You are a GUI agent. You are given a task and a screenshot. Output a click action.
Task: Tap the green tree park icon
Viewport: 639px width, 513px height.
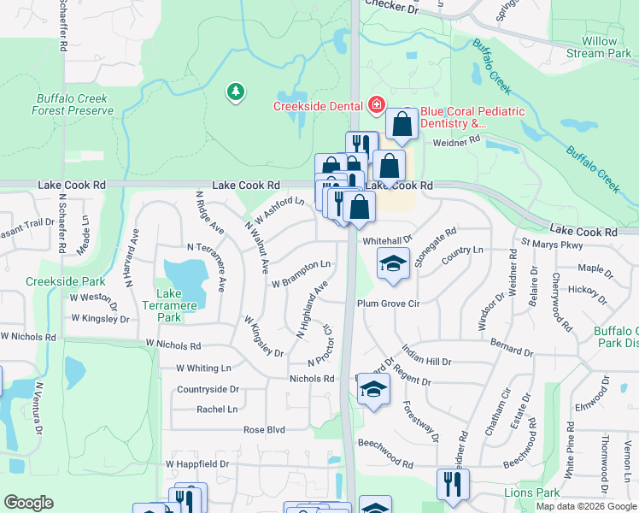(x=236, y=91)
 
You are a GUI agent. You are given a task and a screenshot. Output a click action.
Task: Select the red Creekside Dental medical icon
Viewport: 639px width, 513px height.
(x=375, y=105)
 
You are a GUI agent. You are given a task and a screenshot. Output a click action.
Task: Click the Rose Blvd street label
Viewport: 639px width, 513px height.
(x=264, y=430)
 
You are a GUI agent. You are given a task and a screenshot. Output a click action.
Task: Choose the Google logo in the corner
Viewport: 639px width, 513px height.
(x=29, y=503)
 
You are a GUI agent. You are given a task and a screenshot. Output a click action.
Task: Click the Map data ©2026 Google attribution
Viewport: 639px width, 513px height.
(x=585, y=506)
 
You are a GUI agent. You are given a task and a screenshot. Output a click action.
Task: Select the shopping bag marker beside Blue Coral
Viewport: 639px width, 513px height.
(x=401, y=124)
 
